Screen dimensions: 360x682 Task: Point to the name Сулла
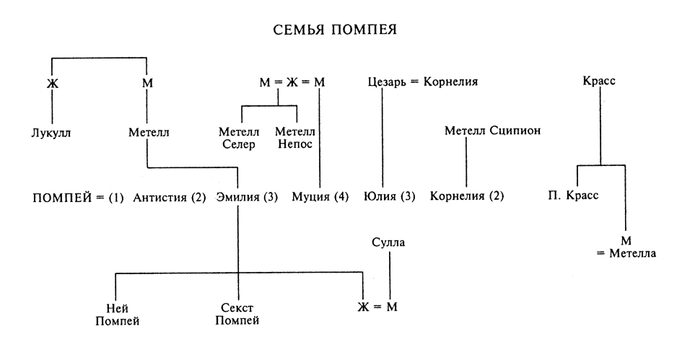(388, 242)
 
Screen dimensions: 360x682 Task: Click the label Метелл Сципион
(491, 131)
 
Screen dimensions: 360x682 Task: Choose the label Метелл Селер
(237, 138)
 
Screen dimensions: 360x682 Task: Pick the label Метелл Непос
(296, 138)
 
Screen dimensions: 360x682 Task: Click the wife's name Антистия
(161, 196)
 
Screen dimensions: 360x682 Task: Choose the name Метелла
(632, 254)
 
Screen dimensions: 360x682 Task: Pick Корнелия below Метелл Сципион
(458, 196)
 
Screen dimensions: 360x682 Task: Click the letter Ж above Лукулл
(52, 84)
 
